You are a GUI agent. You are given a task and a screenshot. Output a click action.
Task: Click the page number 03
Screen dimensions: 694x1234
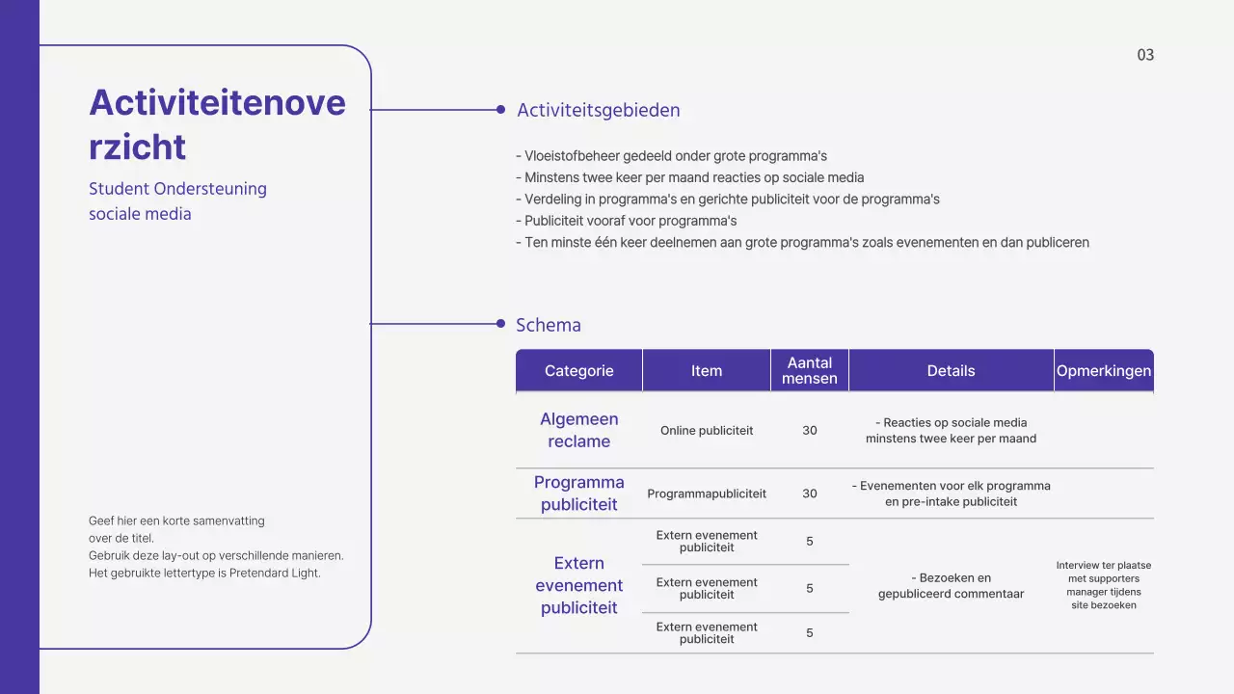coord(1145,55)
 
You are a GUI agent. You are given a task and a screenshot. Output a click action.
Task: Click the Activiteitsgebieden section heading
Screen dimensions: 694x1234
coord(598,110)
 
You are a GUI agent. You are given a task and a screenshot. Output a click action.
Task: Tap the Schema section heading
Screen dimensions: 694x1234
coord(548,325)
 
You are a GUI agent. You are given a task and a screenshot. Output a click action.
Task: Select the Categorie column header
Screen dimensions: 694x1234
coord(578,370)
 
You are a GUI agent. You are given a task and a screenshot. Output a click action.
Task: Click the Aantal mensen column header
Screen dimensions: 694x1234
coord(810,370)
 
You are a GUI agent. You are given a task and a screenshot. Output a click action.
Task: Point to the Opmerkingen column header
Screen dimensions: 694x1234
coord(1103,370)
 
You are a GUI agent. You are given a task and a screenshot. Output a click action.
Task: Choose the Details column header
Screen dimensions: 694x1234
coord(951,370)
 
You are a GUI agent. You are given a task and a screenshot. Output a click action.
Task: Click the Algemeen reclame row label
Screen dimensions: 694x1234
coord(578,430)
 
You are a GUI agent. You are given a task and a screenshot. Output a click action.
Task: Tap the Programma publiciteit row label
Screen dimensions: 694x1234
coord(578,493)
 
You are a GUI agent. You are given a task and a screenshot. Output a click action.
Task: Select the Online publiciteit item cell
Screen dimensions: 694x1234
coord(707,431)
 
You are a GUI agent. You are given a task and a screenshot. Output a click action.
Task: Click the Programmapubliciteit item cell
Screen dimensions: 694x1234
coord(707,494)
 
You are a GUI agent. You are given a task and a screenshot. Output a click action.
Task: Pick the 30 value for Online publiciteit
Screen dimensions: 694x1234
coord(810,431)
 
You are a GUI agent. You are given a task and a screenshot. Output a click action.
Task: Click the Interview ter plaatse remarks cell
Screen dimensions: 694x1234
coord(1103,585)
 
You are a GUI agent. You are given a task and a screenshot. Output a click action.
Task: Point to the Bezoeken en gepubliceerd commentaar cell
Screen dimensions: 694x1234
coord(951,585)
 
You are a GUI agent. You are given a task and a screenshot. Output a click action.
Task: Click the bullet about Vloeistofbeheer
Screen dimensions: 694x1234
coord(671,156)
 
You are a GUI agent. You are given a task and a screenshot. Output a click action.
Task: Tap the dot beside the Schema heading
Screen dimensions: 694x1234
coord(500,324)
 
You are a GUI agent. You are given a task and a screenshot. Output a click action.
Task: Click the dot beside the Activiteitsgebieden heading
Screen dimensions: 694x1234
coord(500,110)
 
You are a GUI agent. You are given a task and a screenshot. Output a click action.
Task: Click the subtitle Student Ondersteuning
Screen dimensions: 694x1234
coord(177,189)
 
